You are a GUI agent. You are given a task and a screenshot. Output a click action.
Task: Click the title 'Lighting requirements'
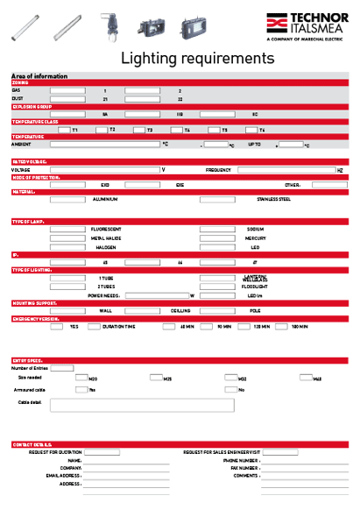pyautogui.click(x=197, y=59)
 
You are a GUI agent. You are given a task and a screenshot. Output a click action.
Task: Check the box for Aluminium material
pyautogui.click(x=67, y=199)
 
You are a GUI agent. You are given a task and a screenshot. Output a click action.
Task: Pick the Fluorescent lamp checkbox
pyautogui.click(x=67, y=229)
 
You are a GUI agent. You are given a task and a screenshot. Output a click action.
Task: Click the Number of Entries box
pyautogui.click(x=62, y=368)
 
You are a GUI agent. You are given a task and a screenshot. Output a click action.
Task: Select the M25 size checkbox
pyautogui.click(x=155, y=378)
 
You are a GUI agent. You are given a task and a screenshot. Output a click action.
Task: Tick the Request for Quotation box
pyautogui.click(x=102, y=452)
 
